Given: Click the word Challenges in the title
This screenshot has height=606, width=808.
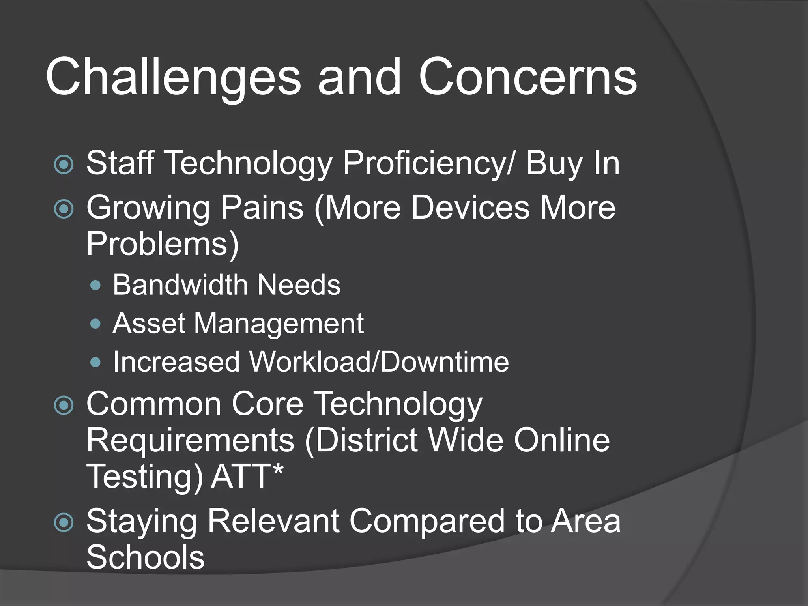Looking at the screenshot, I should point(174,77).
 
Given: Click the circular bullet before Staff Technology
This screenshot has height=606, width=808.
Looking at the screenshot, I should point(64,165).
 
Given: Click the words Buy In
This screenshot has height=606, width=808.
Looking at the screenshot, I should point(572,164).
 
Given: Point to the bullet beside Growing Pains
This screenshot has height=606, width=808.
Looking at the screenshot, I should point(64,209).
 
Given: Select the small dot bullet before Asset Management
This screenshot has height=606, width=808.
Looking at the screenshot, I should point(95,324).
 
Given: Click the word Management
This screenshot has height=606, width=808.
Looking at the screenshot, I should point(279,324).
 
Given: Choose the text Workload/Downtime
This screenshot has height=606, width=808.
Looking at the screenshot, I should point(379,362).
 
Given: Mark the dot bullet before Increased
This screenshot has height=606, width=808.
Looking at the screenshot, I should point(95,362).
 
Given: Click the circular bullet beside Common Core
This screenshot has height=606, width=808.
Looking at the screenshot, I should point(64,406).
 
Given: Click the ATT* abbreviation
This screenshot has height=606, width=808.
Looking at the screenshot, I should point(247,477).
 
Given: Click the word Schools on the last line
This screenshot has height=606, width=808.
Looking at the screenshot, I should point(145,557).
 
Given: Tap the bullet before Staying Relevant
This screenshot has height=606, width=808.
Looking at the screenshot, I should point(64,522).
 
